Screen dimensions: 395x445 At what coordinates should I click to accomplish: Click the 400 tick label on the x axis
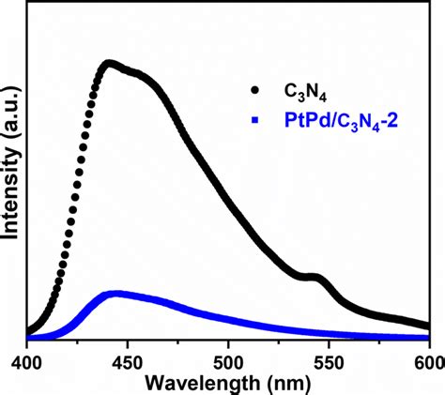point(27,359)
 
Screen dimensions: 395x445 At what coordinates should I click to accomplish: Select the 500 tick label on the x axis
point(228,359)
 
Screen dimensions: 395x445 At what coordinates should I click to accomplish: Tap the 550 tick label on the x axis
point(329,359)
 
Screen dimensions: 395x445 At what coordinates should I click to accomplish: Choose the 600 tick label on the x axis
point(423,359)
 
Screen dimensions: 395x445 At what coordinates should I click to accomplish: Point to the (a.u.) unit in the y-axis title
point(12,120)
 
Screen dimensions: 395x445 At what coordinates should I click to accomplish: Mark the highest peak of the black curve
point(111,64)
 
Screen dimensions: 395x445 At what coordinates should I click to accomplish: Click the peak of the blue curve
point(115,294)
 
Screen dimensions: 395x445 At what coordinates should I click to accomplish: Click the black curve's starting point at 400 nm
point(28,331)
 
